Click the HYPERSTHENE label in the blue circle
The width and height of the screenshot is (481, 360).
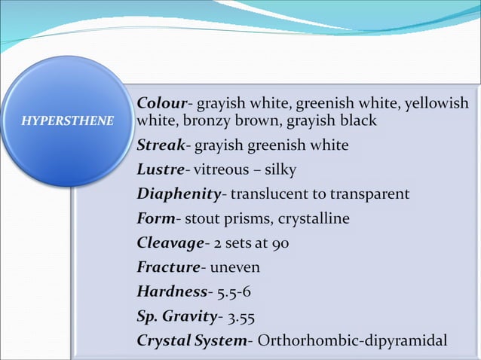(67, 121)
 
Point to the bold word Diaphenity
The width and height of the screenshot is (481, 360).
(178, 194)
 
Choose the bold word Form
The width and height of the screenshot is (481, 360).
(155, 218)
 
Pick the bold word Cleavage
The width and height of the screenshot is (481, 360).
(170, 243)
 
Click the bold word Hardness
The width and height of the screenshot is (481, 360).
(172, 291)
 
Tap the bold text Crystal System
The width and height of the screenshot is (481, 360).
(191, 340)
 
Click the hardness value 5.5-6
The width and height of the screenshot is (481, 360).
(234, 291)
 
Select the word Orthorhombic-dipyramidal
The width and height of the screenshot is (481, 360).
(352, 340)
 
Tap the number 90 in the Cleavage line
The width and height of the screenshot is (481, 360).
(280, 243)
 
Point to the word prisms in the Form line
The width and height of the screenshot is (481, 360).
(250, 219)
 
